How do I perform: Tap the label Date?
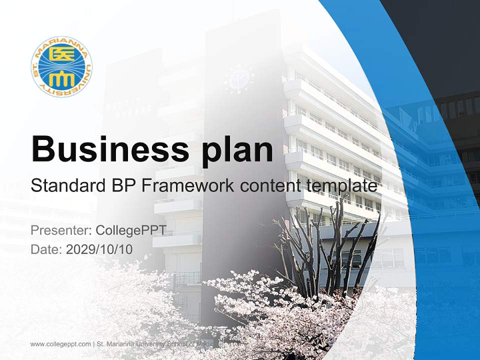point(46,249)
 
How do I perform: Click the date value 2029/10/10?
point(99,249)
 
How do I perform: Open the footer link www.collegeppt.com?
point(60,344)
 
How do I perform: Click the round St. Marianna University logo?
point(61,66)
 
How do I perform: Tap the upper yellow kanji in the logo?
point(61,53)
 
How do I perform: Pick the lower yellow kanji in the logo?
point(61,79)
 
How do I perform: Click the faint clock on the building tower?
point(239,78)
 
